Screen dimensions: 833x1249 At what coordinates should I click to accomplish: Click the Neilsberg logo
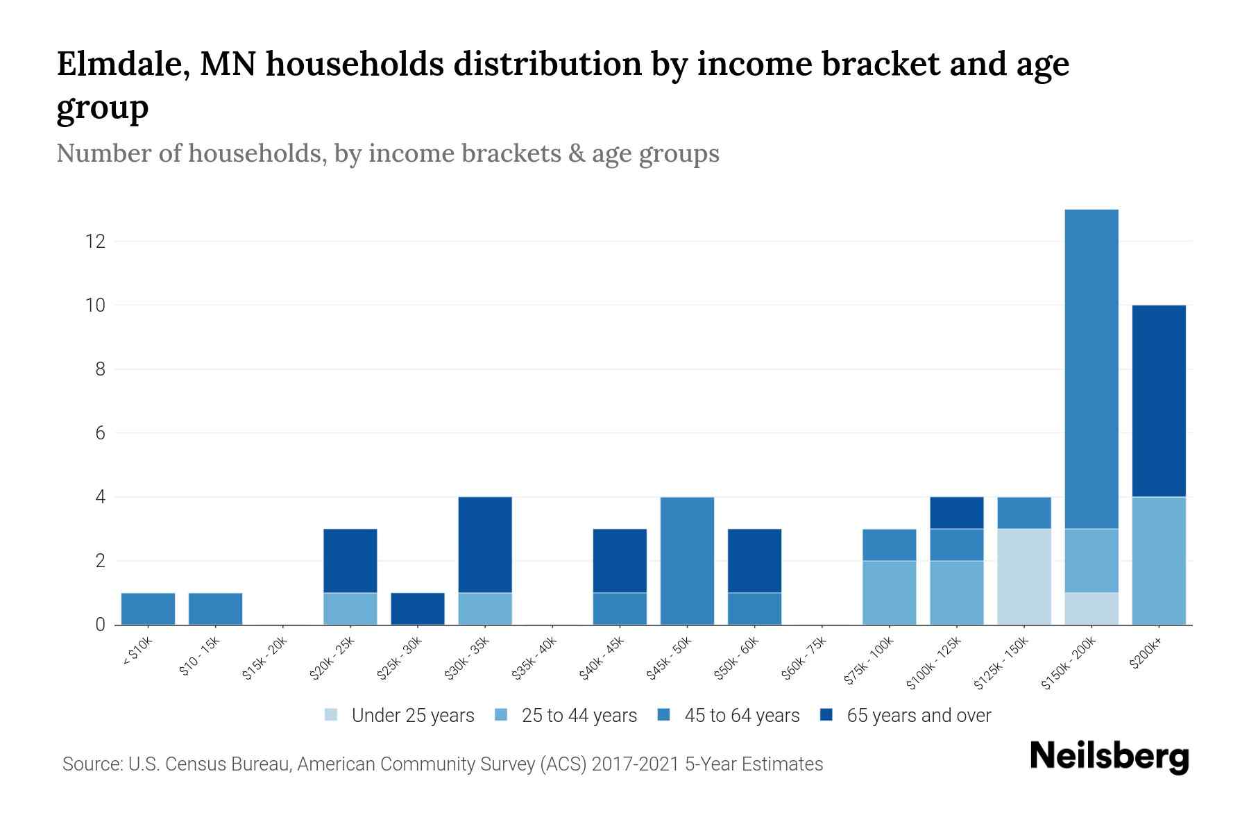coord(1110,757)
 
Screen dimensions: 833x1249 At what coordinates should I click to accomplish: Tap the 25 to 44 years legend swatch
coord(501,715)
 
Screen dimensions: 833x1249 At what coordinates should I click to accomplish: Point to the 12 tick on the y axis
coord(95,242)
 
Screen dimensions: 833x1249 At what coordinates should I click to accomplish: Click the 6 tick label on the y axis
coord(101,433)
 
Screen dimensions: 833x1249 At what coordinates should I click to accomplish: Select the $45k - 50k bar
coord(687,561)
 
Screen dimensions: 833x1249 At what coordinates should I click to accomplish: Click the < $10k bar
coord(148,609)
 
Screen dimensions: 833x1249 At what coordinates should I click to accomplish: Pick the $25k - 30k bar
coord(418,609)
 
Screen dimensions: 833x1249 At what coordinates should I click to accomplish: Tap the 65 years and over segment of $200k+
coord(1159,401)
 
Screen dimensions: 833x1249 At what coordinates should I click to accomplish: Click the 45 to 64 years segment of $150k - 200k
coord(1091,369)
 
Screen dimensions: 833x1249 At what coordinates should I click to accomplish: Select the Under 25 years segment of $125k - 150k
coord(1024,577)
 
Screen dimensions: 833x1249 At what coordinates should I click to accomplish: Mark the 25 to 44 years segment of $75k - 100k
coord(889,593)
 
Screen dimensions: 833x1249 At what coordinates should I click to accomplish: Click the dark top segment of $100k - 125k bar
coord(957,513)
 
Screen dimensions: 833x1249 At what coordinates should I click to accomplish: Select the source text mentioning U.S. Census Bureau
coord(443,764)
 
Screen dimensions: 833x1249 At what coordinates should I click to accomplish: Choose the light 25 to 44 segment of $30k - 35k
coord(485,609)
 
